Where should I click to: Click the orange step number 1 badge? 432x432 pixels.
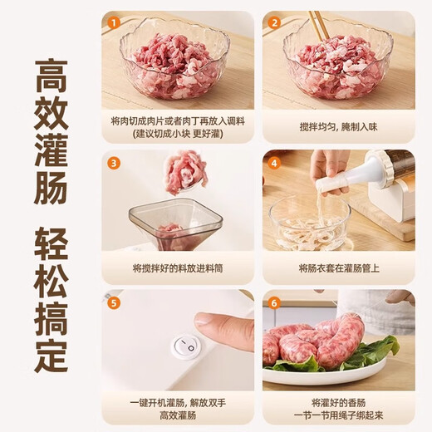(x=113, y=22)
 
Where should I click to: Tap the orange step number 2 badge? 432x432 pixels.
(x=273, y=22)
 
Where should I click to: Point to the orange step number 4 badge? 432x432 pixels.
(x=273, y=162)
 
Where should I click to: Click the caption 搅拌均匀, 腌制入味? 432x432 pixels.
(x=339, y=123)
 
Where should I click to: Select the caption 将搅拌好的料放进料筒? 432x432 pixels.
(x=178, y=268)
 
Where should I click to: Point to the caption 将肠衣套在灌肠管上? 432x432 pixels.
(x=339, y=268)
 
